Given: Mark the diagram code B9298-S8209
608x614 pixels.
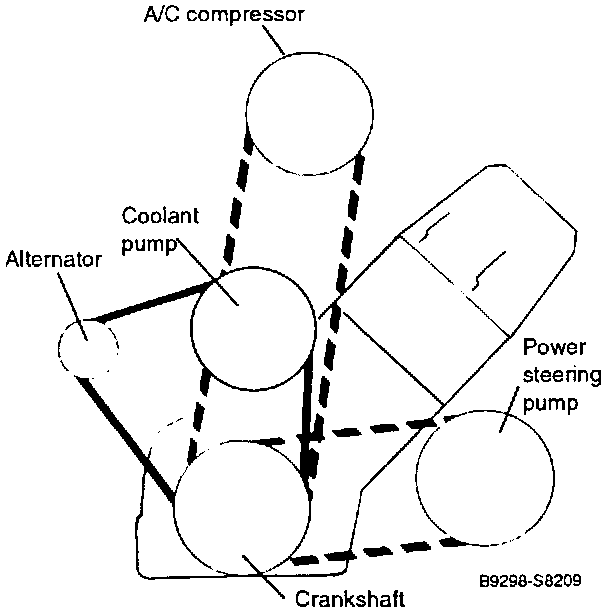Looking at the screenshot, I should (x=542, y=577).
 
